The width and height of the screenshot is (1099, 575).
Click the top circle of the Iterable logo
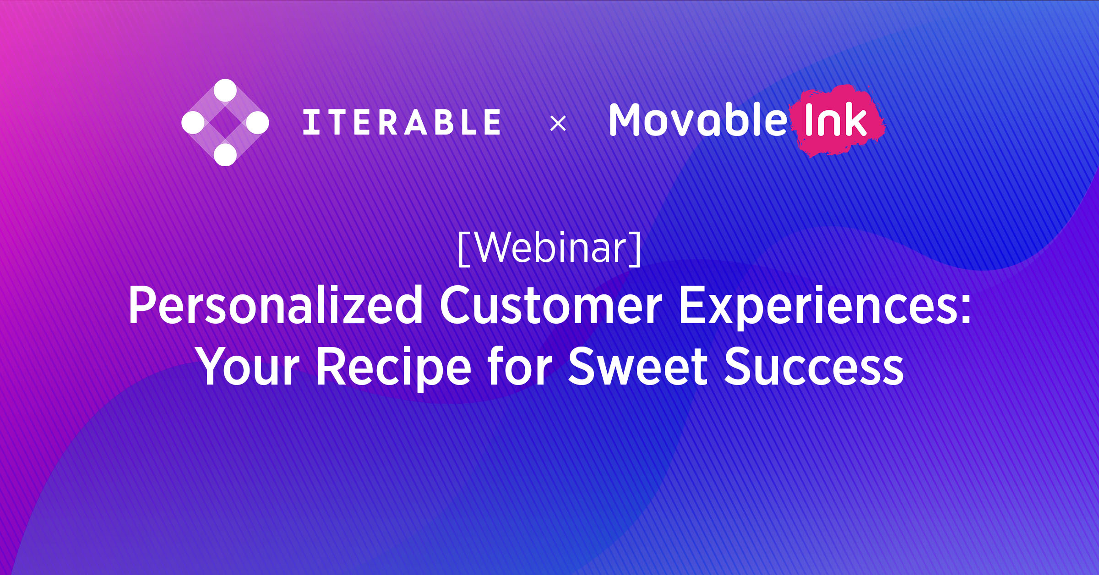(x=225, y=90)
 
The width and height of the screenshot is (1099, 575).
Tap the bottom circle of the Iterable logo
(x=225, y=155)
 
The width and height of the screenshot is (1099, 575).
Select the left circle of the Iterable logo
(x=193, y=123)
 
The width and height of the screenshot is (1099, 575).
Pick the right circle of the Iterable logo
(x=257, y=123)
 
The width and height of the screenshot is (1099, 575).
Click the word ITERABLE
(x=402, y=122)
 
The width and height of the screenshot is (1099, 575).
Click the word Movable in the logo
(x=697, y=120)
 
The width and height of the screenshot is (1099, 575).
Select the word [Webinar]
(x=549, y=248)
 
